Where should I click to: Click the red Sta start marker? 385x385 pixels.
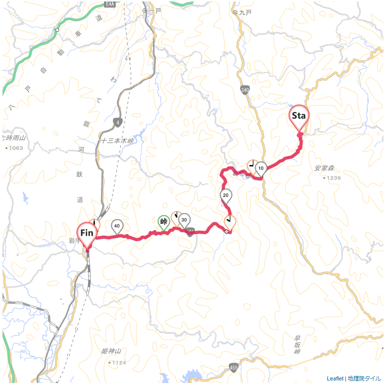299,116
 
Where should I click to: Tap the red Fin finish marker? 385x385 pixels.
87,233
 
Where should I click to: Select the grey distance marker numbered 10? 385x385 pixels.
261,168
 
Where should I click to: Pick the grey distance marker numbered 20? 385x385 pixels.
226,196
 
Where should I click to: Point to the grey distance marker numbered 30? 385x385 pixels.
184,220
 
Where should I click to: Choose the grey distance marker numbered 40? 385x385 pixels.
117,226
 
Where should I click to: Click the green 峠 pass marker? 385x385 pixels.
163,221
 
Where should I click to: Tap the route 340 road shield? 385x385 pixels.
245,90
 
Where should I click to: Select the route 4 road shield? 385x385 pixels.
118,122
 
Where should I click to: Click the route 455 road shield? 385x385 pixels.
234,368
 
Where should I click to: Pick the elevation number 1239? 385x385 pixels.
333,178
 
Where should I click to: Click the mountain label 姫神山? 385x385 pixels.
111,351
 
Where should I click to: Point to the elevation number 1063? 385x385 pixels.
16,148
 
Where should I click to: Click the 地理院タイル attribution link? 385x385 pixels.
364,378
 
